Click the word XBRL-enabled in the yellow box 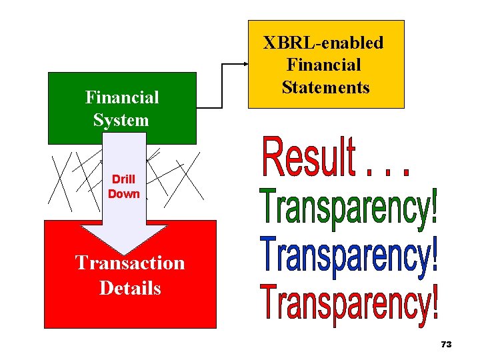coord(323,43)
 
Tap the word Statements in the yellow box coord(325,87)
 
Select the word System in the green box coord(121,120)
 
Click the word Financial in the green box coord(122,97)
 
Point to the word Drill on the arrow coord(123,179)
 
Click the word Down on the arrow coord(124,194)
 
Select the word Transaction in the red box coord(130,263)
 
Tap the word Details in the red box coord(130,288)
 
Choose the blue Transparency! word coord(347,257)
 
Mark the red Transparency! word coord(347,304)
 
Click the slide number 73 coord(446,344)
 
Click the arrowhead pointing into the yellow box coord(244,64)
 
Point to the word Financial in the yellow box coord(323,65)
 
